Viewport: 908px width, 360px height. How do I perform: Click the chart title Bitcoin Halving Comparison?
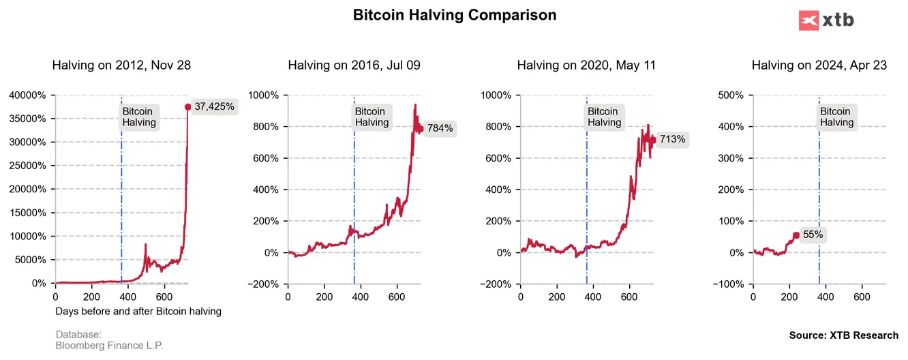point(454,15)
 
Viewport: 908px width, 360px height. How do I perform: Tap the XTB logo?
point(826,20)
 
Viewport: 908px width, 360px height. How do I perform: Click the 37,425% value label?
point(214,106)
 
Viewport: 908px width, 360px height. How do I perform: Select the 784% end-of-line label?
point(440,128)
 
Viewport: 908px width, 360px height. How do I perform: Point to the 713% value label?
point(672,140)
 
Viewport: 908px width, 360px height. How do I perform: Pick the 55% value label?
point(813,235)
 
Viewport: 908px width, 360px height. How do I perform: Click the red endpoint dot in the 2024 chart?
point(796,235)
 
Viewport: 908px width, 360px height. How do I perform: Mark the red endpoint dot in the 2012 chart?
point(188,106)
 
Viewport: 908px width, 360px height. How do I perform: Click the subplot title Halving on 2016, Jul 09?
point(354,65)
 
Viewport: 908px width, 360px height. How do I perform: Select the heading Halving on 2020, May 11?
point(586,65)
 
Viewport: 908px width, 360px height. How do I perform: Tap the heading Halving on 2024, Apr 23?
point(819,65)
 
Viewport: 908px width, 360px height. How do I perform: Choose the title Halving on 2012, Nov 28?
point(121,65)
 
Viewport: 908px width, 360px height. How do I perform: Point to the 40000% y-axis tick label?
point(27,95)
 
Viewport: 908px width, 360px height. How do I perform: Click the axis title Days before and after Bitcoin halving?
point(138,312)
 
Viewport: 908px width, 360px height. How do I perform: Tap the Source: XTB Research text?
point(843,335)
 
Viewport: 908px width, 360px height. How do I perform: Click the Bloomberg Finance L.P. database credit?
point(109,346)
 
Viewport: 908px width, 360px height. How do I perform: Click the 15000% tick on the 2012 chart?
point(27,213)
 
